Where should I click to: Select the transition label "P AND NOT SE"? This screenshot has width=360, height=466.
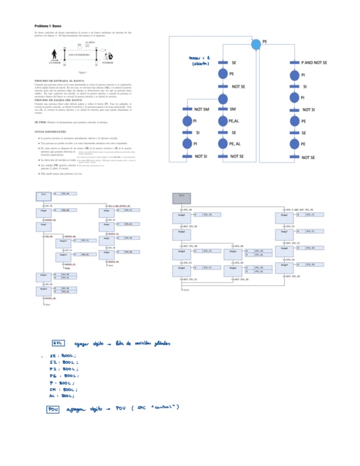pyautogui.click(x=314, y=63)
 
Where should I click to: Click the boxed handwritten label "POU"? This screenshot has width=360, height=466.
pyautogui.click(x=53, y=409)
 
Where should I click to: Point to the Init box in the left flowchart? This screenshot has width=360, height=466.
pyautogui.click(x=43, y=195)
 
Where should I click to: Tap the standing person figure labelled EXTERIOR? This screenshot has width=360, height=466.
pyautogui.click(x=54, y=56)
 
